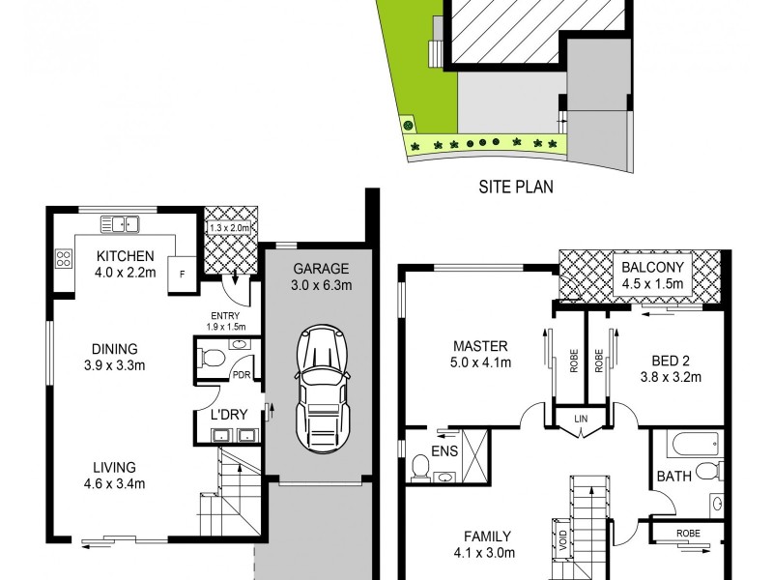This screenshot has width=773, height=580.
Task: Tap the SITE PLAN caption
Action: tap(516, 187)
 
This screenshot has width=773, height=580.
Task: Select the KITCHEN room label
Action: tap(125, 256)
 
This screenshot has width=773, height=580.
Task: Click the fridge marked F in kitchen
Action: tap(181, 274)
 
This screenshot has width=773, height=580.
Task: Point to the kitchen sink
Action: tap(121, 225)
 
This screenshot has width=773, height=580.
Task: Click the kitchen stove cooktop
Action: tap(64, 258)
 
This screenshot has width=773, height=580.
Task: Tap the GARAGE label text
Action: tap(320, 269)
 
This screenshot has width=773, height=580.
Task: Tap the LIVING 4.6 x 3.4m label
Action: tap(115, 476)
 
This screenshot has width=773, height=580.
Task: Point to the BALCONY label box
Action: tap(652, 275)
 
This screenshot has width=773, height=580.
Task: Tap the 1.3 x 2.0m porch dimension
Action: tap(230, 228)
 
